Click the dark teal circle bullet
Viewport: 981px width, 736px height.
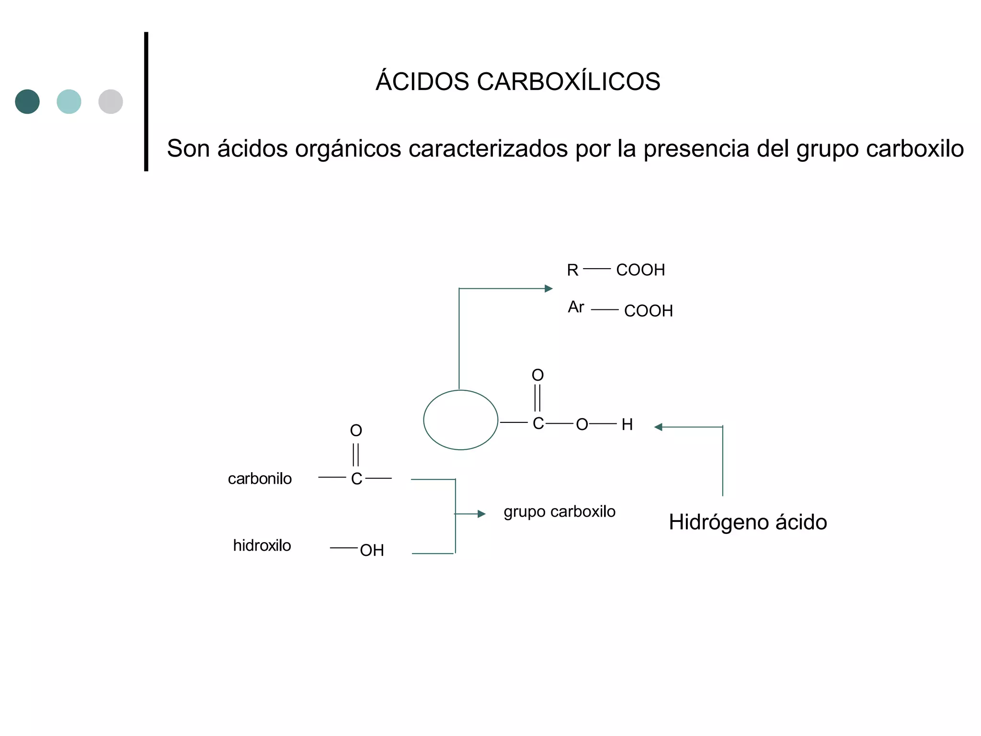tap(27, 102)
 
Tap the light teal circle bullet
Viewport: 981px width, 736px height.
tap(69, 102)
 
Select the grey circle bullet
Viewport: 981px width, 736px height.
tap(111, 102)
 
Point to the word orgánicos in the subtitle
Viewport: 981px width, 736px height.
tap(348, 149)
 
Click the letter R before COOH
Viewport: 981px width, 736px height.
tap(572, 270)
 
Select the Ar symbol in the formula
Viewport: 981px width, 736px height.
tap(576, 307)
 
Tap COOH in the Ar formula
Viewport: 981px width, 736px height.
tap(649, 311)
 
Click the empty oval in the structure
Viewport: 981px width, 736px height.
tap(461, 420)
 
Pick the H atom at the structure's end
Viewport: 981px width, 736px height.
tap(627, 425)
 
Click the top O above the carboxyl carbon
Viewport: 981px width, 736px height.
tap(537, 375)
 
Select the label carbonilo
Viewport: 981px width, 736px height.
tap(260, 479)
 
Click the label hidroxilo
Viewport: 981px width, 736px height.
tap(262, 545)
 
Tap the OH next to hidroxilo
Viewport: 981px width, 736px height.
tap(372, 551)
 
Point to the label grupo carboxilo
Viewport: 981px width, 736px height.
tap(559, 512)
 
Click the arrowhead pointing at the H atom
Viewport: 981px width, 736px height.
tap(659, 427)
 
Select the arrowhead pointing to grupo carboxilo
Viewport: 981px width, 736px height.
tap(481, 514)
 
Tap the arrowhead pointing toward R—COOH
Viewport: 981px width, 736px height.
tap(548, 289)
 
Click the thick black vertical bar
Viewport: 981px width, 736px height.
tap(146, 102)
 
